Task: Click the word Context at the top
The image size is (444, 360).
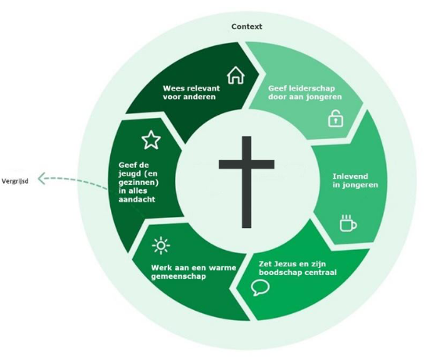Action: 247,27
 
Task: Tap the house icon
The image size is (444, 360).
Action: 235,75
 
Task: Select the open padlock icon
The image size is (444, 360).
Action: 335,118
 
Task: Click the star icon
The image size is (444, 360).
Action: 151,140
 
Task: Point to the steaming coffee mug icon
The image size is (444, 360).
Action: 349,223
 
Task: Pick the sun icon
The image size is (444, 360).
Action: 161,245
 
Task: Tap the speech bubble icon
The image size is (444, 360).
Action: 260,287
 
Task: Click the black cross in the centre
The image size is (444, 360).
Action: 247,182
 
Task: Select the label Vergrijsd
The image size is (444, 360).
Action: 15,181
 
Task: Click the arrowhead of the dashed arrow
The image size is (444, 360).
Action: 41,179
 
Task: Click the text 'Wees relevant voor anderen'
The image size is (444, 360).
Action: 192,92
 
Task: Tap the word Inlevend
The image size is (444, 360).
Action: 350,176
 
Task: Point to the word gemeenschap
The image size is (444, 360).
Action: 178,276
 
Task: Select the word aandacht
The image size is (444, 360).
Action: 137,199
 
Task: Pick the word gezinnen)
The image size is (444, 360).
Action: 138,183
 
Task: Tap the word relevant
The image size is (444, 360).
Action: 202,88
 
